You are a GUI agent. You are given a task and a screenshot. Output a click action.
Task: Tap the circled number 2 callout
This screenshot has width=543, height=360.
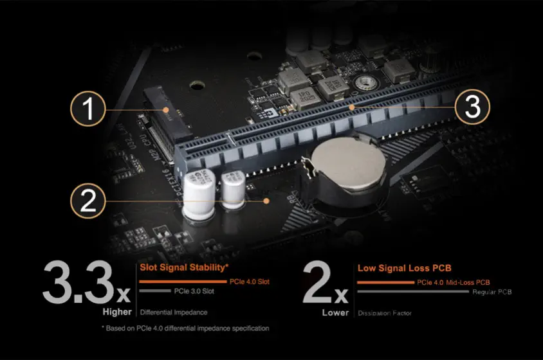coord(88,201)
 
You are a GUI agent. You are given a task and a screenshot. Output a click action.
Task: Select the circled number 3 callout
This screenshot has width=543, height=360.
coord(473,107)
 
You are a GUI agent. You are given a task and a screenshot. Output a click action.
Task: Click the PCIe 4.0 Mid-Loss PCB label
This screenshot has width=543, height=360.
coord(454,282)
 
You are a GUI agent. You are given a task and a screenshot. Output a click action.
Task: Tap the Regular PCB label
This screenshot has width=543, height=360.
coord(492,292)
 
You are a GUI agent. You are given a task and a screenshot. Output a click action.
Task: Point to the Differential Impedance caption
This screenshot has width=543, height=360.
coord(173,313)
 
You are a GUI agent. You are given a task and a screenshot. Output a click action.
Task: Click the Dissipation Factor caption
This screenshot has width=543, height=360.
coord(385,313)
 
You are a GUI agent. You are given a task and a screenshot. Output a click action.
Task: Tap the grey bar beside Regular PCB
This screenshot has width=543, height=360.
coord(412,292)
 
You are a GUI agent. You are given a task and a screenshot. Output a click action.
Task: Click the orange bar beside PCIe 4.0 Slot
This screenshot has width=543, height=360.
coord(183,282)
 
